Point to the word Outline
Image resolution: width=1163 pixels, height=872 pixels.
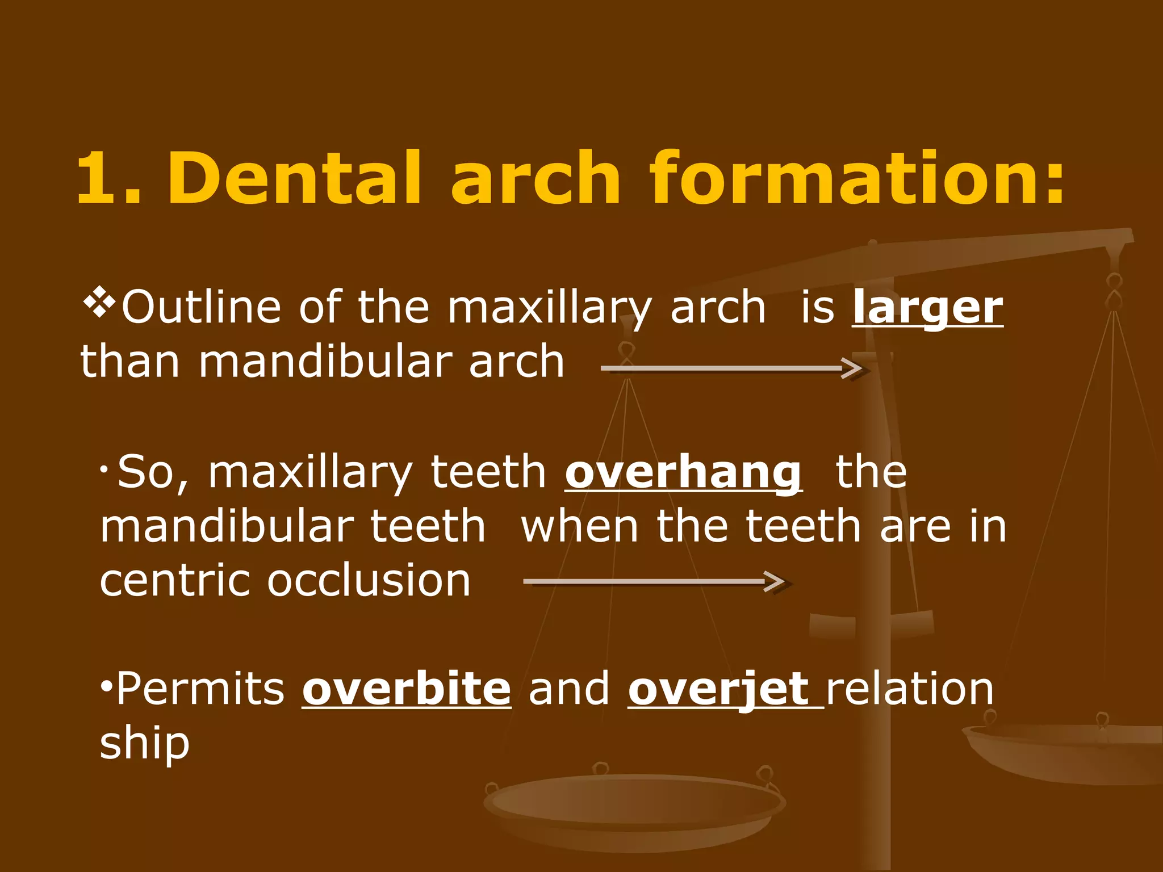coord(202,307)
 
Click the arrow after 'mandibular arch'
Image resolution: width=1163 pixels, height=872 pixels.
coord(733,368)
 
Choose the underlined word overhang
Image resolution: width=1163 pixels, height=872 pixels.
coord(683,472)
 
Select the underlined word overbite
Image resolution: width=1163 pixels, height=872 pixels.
coord(407,689)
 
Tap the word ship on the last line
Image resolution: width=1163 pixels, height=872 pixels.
coord(144,744)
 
